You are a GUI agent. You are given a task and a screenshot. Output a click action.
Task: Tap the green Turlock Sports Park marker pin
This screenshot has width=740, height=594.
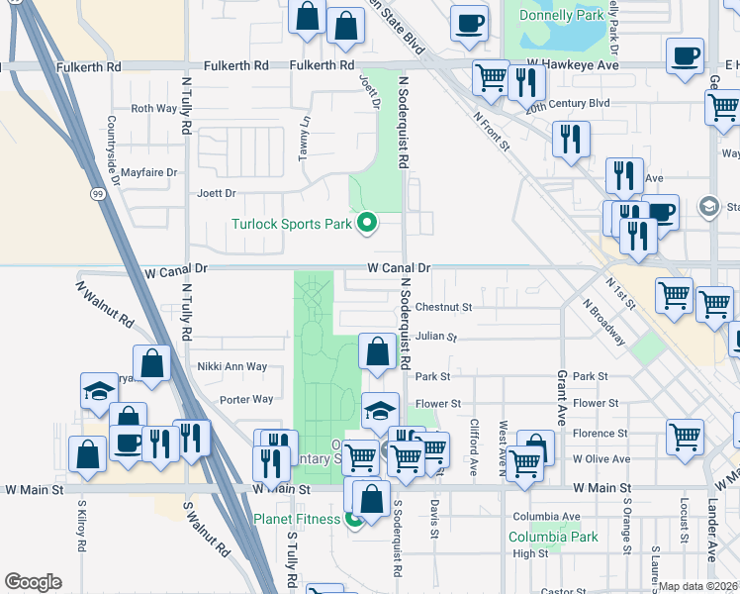click(x=367, y=224)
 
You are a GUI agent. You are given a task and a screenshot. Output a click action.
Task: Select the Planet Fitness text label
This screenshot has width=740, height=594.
click(x=297, y=519)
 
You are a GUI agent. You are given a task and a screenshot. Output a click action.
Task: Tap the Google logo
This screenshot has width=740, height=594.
click(x=33, y=582)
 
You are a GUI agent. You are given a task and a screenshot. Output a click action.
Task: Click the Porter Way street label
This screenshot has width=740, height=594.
click(x=246, y=400)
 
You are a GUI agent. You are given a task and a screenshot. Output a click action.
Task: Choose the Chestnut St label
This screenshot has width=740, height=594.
click(x=444, y=307)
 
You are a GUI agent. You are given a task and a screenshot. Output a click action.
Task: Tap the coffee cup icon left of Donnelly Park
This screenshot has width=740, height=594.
click(x=469, y=24)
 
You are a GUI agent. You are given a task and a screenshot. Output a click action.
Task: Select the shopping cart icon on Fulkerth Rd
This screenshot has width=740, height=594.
click(x=491, y=78)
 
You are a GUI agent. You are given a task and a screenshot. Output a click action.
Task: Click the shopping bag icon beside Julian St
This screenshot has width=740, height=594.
click(x=377, y=352)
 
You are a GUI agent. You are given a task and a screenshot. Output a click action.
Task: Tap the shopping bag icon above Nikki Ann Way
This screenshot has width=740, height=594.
click(x=153, y=363)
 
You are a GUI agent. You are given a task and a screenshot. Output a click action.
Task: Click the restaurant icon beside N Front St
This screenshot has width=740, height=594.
click(x=571, y=140)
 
